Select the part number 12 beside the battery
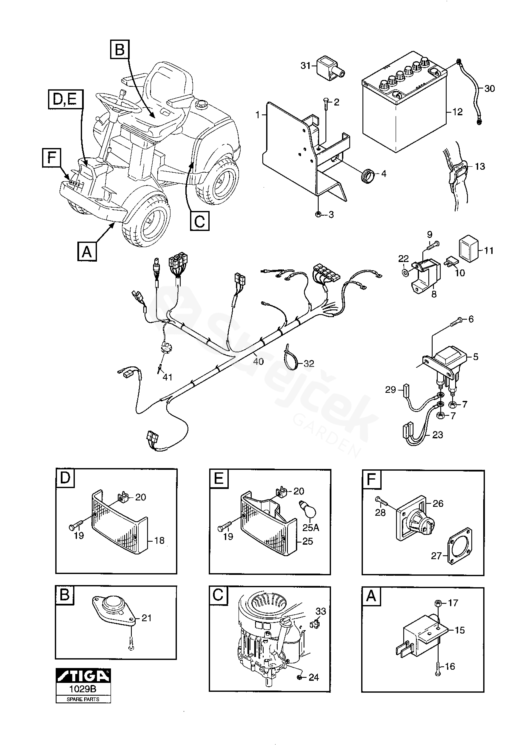pyautogui.click(x=457, y=112)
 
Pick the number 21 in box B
pyautogui.click(x=147, y=618)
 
